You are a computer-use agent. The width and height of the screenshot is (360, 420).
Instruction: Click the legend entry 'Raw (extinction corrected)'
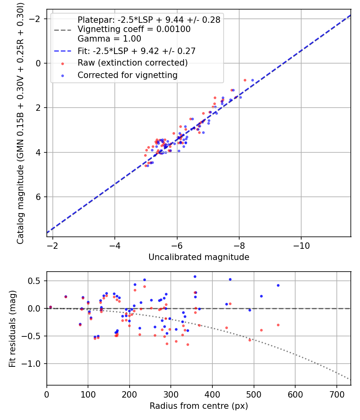[132, 63]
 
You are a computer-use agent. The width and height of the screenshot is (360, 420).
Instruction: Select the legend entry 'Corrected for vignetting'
[128, 75]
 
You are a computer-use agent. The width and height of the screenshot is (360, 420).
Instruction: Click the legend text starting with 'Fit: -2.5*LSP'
[136, 51]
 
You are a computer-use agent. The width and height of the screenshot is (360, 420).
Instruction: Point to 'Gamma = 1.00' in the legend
[109, 39]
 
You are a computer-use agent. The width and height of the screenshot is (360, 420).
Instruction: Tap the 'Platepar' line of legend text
[149, 20]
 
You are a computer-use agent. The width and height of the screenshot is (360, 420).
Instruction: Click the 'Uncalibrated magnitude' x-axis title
[199, 257]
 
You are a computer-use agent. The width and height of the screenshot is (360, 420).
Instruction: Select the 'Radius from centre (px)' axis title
[199, 406]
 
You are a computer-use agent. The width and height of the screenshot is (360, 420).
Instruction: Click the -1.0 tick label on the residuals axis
[34, 364]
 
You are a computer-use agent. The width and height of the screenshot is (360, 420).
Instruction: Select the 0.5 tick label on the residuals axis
[36, 281]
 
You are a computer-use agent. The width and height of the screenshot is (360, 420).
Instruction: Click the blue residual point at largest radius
[278, 285]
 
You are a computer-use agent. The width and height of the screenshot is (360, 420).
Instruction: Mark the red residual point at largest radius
[278, 325]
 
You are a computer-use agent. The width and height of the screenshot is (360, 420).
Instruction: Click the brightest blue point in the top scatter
[252, 80]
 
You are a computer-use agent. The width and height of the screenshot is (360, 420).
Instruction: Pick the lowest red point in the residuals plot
[188, 344]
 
